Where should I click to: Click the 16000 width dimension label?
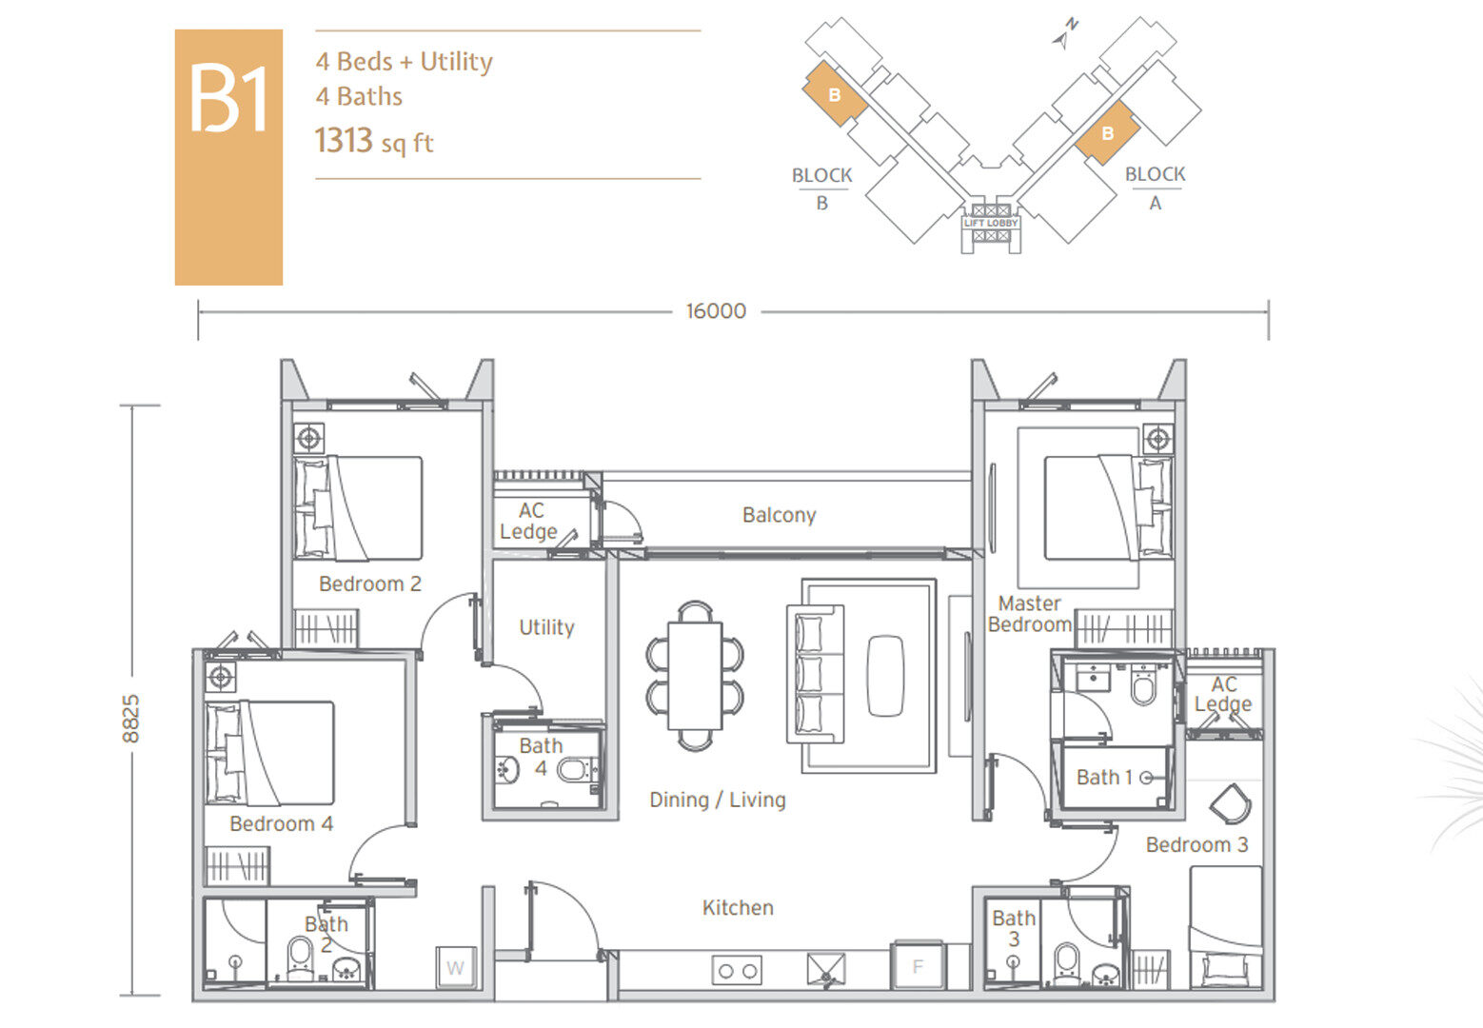716,311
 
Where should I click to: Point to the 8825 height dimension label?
131,719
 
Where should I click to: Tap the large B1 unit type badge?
228,157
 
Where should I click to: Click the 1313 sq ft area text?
373,141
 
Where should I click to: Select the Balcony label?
780,515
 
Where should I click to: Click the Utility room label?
546,627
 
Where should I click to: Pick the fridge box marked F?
918,966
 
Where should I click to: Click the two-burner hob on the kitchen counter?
737,970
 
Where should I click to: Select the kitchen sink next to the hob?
826,969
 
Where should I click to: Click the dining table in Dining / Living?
695,675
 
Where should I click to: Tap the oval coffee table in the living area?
885,676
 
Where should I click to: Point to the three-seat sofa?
815,674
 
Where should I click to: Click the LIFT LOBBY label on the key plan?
991,223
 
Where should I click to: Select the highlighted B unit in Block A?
1107,132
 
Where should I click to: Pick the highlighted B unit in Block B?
835,94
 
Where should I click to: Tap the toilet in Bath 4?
573,770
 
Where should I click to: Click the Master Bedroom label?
1030,614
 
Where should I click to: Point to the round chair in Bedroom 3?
1231,803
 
